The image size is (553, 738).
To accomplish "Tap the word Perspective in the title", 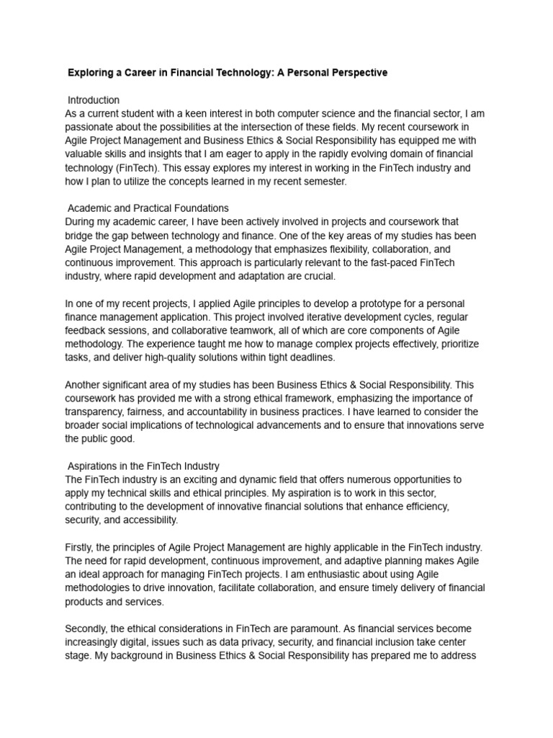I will pyautogui.click(x=358, y=73).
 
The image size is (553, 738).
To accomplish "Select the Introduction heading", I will pyautogui.click(x=94, y=100).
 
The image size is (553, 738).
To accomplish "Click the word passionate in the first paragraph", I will pyautogui.click(x=91, y=127).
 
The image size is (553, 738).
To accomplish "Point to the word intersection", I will pyautogui.click(x=278, y=127).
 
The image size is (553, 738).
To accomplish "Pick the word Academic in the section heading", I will pyautogui.click(x=90, y=208).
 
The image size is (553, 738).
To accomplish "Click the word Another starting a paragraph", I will pyautogui.click(x=84, y=385).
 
